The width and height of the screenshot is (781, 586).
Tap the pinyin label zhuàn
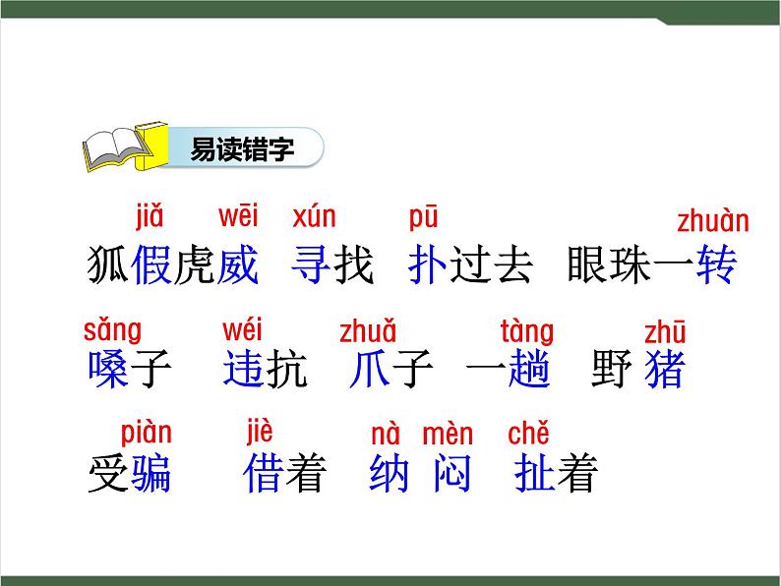(x=712, y=221)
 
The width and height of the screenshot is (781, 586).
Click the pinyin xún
(x=314, y=215)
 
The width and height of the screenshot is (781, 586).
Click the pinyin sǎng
(x=111, y=329)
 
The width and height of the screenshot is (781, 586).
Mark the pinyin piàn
(x=146, y=433)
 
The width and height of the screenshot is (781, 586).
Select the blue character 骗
(x=150, y=475)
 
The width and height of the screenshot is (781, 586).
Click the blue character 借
(x=263, y=475)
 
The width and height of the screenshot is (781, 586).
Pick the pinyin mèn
(x=448, y=434)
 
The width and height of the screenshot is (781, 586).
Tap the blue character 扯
(x=534, y=475)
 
